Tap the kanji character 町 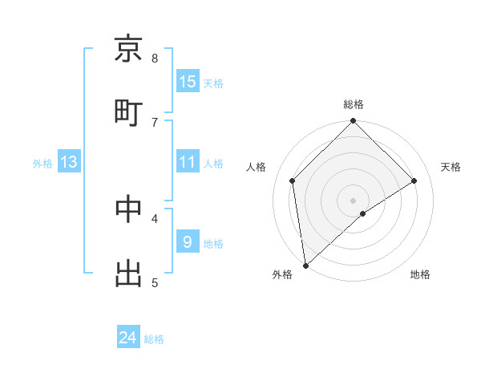point(128,112)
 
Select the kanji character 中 point(128,209)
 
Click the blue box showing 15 point(188,82)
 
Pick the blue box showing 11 point(188,162)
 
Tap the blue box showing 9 point(188,242)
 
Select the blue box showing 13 point(69,162)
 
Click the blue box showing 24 point(128,338)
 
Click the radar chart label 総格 point(354,104)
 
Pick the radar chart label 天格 point(451,167)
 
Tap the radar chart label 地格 point(420,274)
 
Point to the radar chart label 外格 point(282,274)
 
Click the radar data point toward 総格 point(354,122)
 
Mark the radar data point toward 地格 point(363,213)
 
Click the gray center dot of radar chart point(354,200)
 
